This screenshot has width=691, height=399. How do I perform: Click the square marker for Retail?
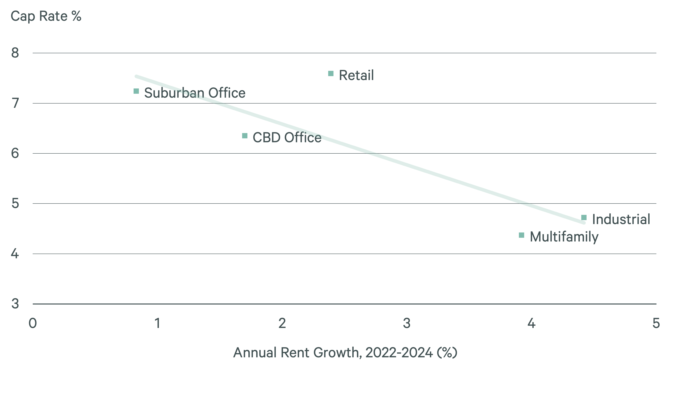point(331,73)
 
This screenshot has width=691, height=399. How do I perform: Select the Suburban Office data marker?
point(136,91)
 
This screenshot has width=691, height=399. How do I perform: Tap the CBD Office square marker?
point(245,136)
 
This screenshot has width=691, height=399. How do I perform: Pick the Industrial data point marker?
point(584,218)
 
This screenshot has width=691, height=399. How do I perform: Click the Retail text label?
point(356,75)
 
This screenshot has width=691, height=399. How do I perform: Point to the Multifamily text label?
point(564,237)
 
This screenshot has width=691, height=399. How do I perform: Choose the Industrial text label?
point(621,219)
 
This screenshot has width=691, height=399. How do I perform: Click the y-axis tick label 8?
point(15,53)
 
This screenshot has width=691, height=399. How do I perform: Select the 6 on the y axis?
point(15,153)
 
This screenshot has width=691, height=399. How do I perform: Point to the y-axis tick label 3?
point(15,304)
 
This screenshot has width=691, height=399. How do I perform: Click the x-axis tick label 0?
point(33,323)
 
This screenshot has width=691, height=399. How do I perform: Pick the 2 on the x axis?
point(282,323)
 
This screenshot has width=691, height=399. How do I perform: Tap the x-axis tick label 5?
point(656,323)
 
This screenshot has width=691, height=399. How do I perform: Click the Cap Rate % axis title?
point(46,16)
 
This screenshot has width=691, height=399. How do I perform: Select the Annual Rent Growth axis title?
point(345,353)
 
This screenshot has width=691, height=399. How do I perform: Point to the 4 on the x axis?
point(531,323)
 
